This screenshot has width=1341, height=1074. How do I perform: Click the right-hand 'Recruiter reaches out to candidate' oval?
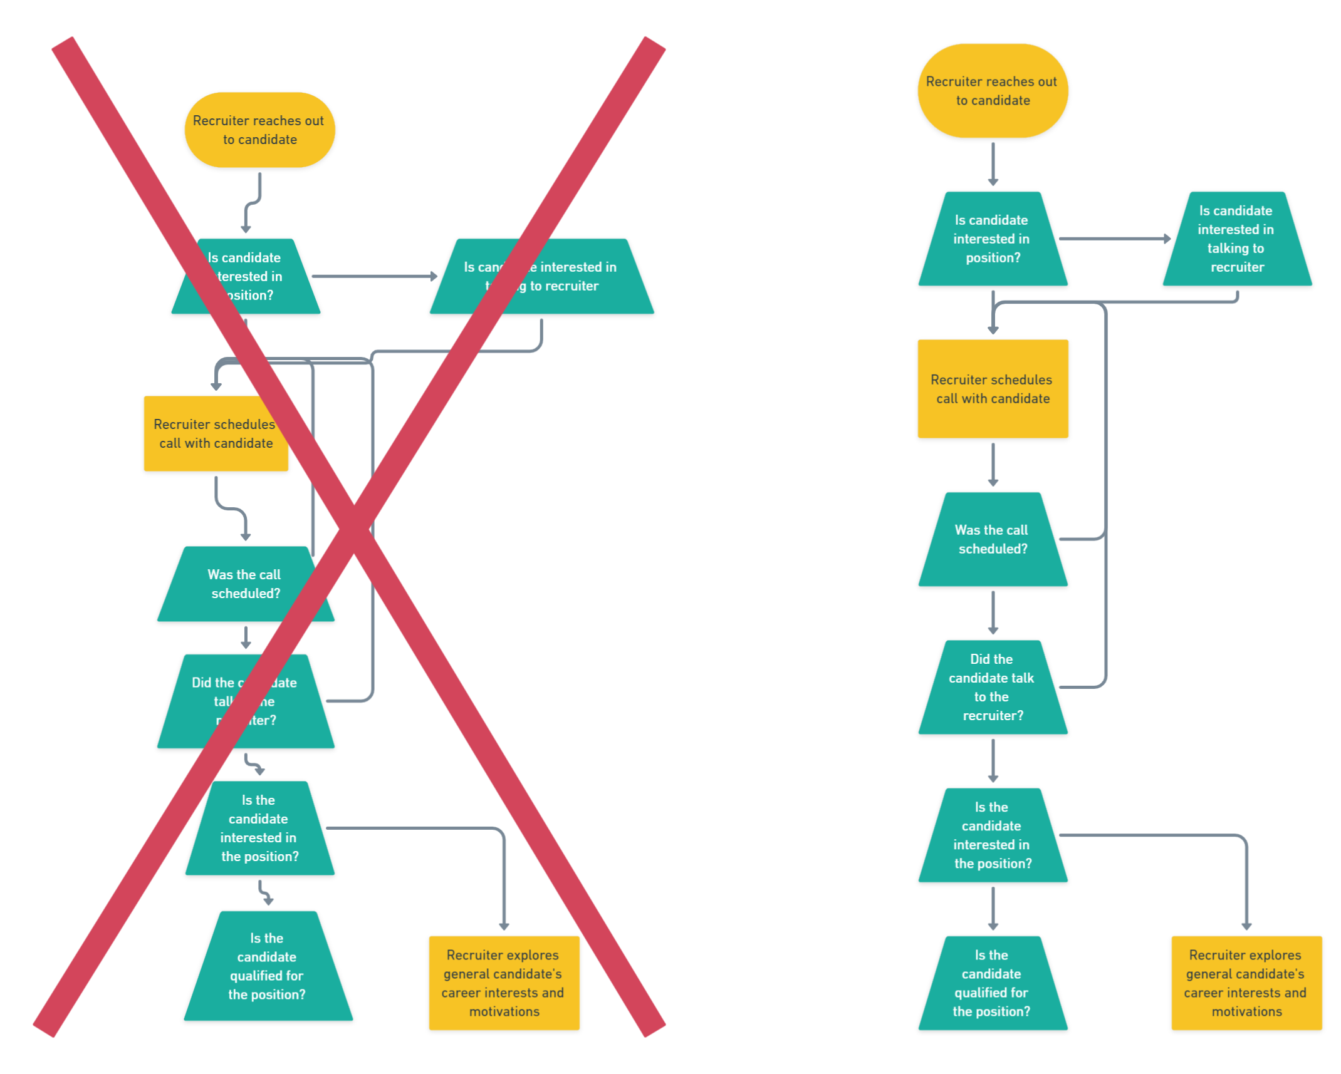pos(993,91)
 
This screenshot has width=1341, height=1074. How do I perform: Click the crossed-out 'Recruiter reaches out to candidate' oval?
pos(259,130)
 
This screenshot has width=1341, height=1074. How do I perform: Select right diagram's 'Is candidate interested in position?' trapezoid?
pos(993,239)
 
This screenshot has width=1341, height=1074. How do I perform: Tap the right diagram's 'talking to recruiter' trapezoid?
pos(1237,239)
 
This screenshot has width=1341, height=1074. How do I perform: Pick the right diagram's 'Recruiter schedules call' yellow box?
pos(993,388)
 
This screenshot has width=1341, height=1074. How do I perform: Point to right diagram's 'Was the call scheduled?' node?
pos(993,539)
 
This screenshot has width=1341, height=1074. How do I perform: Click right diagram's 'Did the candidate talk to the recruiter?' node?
pos(993,687)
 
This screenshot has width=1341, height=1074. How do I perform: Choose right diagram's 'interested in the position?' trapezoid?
pos(993,835)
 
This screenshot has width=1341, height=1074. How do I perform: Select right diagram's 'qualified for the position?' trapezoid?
pos(993,983)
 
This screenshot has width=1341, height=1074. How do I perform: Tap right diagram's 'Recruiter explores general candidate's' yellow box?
pos(1246,983)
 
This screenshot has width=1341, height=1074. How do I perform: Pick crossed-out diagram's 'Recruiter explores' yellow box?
pos(504,983)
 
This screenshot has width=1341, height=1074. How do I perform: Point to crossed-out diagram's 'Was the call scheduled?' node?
pos(245,584)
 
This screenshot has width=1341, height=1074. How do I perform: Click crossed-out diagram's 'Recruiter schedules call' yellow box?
pos(216,433)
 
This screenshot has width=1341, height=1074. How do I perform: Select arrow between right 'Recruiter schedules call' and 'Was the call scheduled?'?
pos(993,464)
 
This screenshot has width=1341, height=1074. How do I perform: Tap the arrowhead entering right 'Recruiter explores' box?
pos(1246,926)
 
